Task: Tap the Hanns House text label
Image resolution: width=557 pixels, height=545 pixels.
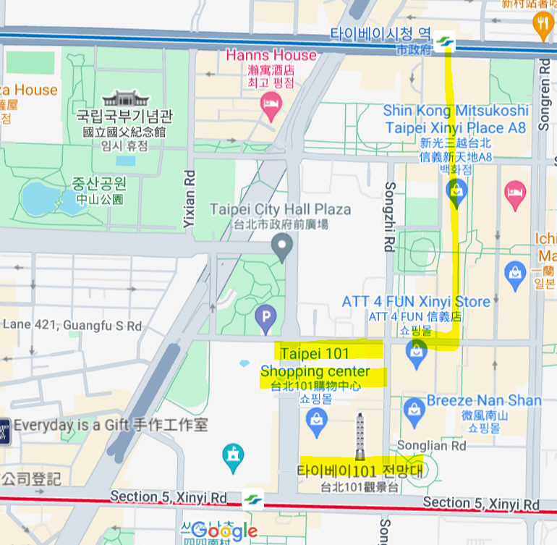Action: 271,55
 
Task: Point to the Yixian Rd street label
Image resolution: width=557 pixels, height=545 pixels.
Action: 190,199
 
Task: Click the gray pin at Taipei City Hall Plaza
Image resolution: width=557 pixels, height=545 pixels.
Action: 281,249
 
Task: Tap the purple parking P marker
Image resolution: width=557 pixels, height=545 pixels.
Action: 265,316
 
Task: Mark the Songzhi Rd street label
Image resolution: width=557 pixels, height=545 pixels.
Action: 388,217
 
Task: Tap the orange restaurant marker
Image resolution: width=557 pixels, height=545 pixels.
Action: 542,26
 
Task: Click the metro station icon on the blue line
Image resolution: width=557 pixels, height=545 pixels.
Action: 446,43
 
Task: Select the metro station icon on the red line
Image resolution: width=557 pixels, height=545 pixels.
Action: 252,499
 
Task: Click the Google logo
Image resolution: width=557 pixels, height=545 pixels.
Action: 224,531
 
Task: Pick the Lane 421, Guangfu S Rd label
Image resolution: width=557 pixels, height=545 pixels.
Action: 72,326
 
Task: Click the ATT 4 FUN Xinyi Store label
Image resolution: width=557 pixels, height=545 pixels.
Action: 416,301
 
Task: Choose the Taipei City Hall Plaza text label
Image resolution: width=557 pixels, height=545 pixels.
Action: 280,210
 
